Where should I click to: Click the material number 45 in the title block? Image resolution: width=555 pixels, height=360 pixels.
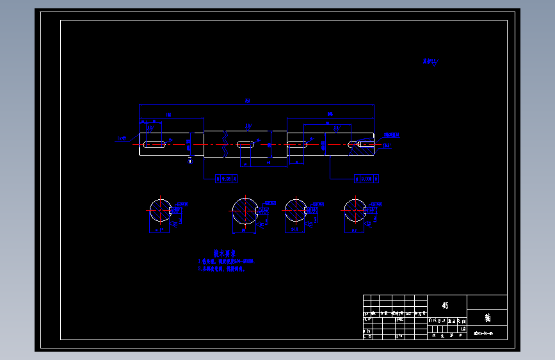tap(445, 306)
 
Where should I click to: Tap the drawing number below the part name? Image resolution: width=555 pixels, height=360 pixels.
tap(483, 333)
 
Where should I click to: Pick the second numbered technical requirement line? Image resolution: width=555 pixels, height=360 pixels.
tap(221, 269)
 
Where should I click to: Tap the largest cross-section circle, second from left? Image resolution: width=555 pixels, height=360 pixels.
tap(245, 211)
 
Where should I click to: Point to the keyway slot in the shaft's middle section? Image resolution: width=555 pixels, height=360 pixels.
tap(244, 145)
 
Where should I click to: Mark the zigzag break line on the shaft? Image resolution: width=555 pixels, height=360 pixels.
tap(225, 144)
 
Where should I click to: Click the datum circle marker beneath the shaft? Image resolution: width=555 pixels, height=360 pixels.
tap(190, 160)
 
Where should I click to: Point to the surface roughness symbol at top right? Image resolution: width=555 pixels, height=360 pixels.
tap(432, 62)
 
